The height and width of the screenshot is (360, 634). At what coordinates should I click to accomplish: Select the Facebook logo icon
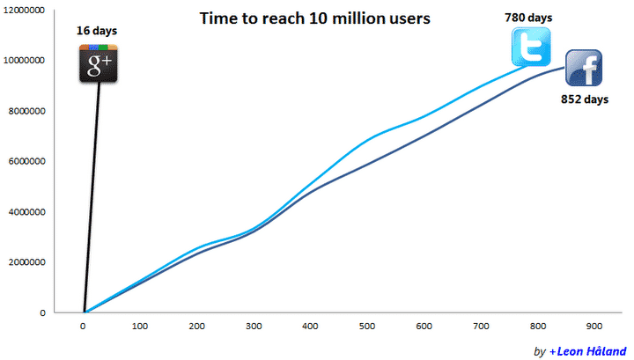coord(583,69)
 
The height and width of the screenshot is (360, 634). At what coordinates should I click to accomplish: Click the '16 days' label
coord(97,32)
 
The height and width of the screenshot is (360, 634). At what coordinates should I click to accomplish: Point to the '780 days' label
coord(528,17)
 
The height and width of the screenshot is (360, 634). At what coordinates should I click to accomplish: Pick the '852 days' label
coord(585,99)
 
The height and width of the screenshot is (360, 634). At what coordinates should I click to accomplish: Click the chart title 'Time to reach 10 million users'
coord(314,18)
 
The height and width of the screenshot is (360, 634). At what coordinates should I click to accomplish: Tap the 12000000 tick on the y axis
coord(26,10)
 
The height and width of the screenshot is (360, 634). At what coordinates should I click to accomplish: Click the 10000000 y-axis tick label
coord(26,61)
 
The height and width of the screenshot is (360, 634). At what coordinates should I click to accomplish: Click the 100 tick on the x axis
coord(140,326)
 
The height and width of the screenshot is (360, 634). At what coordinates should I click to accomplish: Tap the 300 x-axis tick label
coord(254,326)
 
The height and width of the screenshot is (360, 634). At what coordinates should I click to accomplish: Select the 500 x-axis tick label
coord(367,326)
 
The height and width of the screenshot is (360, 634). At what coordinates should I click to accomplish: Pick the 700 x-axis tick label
coord(481,326)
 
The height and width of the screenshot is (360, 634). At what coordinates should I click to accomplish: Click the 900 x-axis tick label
coord(594,326)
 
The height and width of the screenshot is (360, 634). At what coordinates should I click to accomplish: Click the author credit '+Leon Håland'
coord(586,351)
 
